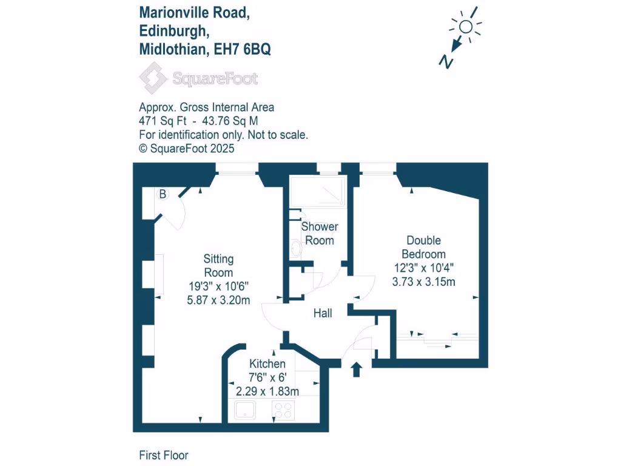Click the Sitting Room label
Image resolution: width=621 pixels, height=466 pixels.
tap(218, 266)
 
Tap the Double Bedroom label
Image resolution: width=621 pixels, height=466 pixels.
tap(424, 248)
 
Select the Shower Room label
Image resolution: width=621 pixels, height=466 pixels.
tap(320, 234)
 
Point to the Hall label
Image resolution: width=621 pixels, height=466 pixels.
tap(323, 314)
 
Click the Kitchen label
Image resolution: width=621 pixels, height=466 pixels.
tap(267, 364)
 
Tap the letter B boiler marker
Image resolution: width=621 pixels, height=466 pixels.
tap(163, 195)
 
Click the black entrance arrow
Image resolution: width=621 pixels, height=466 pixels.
tap(356, 368)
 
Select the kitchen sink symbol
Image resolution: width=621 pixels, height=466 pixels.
tap(246, 411)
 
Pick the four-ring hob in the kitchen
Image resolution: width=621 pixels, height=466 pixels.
tap(283, 411)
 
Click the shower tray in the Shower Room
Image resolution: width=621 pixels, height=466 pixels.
tap(318, 191)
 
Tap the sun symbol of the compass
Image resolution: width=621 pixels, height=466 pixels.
tap(466, 26)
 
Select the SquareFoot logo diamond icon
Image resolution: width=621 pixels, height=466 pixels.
tap(153, 78)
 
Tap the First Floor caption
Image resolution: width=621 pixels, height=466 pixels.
tap(164, 455)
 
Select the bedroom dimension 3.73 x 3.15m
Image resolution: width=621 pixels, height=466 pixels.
tap(424, 281)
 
